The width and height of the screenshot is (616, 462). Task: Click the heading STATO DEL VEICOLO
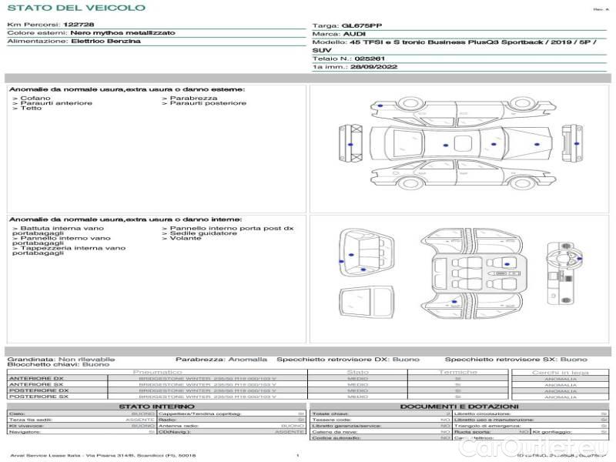click(75, 8)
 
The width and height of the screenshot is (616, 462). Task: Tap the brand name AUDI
click(355, 35)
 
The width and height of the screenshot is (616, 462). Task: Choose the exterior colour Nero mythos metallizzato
click(122, 33)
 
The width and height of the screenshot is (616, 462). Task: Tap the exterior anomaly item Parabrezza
click(193, 99)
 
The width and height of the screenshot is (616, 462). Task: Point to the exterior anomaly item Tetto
click(31, 109)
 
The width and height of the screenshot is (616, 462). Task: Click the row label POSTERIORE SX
click(36, 397)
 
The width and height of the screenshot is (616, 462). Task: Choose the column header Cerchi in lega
click(560, 372)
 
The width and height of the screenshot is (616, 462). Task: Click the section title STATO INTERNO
click(152, 407)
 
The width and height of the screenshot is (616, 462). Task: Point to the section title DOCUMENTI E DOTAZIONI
click(459, 407)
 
